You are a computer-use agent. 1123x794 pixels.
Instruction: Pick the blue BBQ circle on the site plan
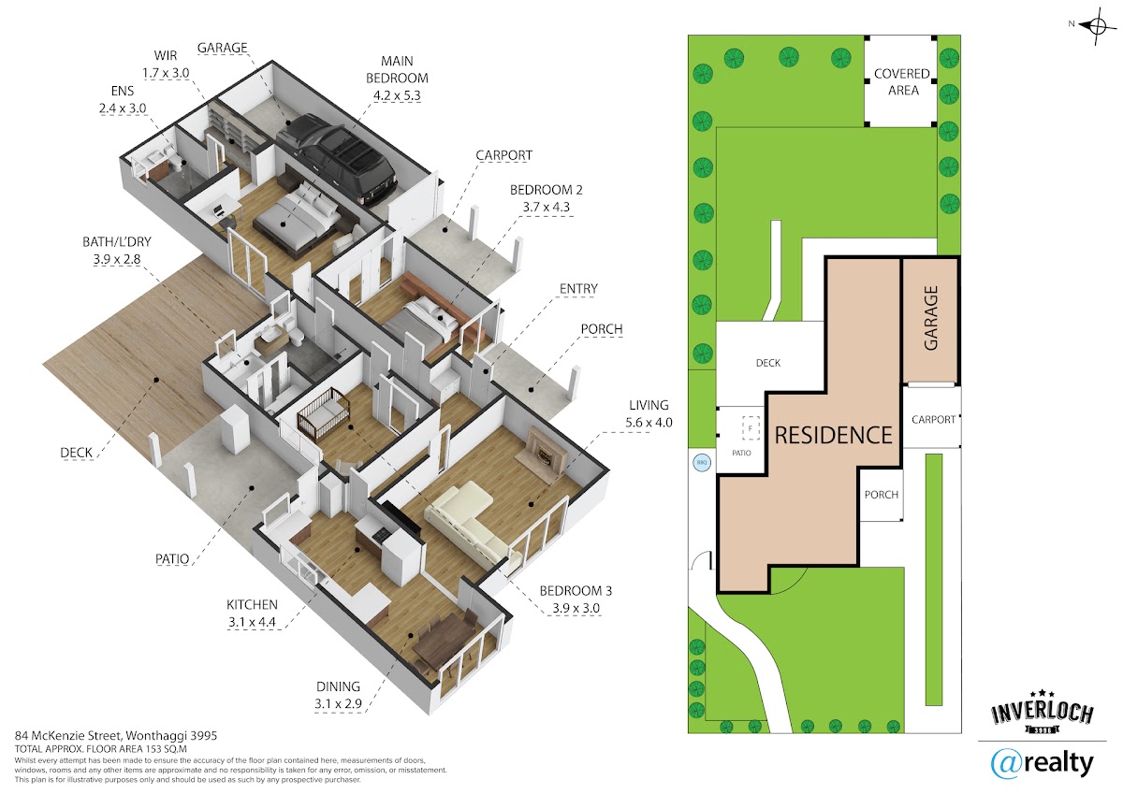point(702,462)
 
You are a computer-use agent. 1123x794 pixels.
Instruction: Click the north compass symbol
point(1097,26)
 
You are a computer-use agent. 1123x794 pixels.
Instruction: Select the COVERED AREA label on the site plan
point(902,81)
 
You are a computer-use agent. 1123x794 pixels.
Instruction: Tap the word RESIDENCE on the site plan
point(833,435)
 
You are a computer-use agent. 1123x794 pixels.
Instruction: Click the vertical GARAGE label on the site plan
point(930,318)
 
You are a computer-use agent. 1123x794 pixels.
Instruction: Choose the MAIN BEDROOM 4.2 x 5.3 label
point(397,79)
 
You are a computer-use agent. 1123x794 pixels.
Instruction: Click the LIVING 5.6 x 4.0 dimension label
point(649,413)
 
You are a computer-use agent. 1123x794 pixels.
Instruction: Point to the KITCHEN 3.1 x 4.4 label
point(252,614)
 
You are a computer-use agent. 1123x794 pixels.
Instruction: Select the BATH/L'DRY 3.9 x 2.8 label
point(117,251)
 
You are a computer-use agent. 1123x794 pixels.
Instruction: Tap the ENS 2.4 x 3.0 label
point(123,99)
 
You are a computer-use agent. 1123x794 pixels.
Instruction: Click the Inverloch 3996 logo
point(1043,711)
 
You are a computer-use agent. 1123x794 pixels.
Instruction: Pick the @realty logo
point(1042,764)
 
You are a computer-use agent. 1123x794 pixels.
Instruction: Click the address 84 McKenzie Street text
point(116,735)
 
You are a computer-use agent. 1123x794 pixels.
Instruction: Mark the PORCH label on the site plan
point(882,495)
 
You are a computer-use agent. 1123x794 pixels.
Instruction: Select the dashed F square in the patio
point(751,429)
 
